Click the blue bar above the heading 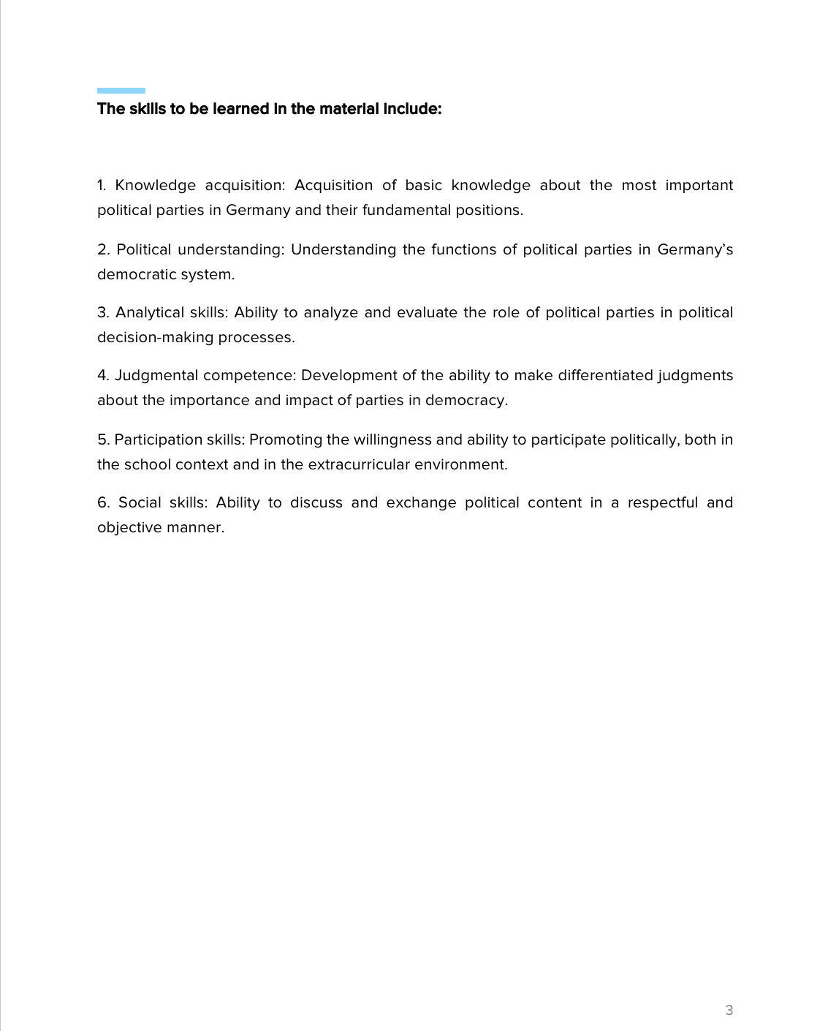[x=121, y=91]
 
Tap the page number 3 [x=729, y=1011]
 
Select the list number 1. [x=101, y=186]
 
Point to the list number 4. [x=102, y=376]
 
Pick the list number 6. [x=103, y=503]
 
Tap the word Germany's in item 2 [x=695, y=250]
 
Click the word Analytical [x=150, y=313]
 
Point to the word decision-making [x=155, y=338]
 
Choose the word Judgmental [x=156, y=376]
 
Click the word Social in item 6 [x=140, y=503]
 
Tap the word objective [x=129, y=528]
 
